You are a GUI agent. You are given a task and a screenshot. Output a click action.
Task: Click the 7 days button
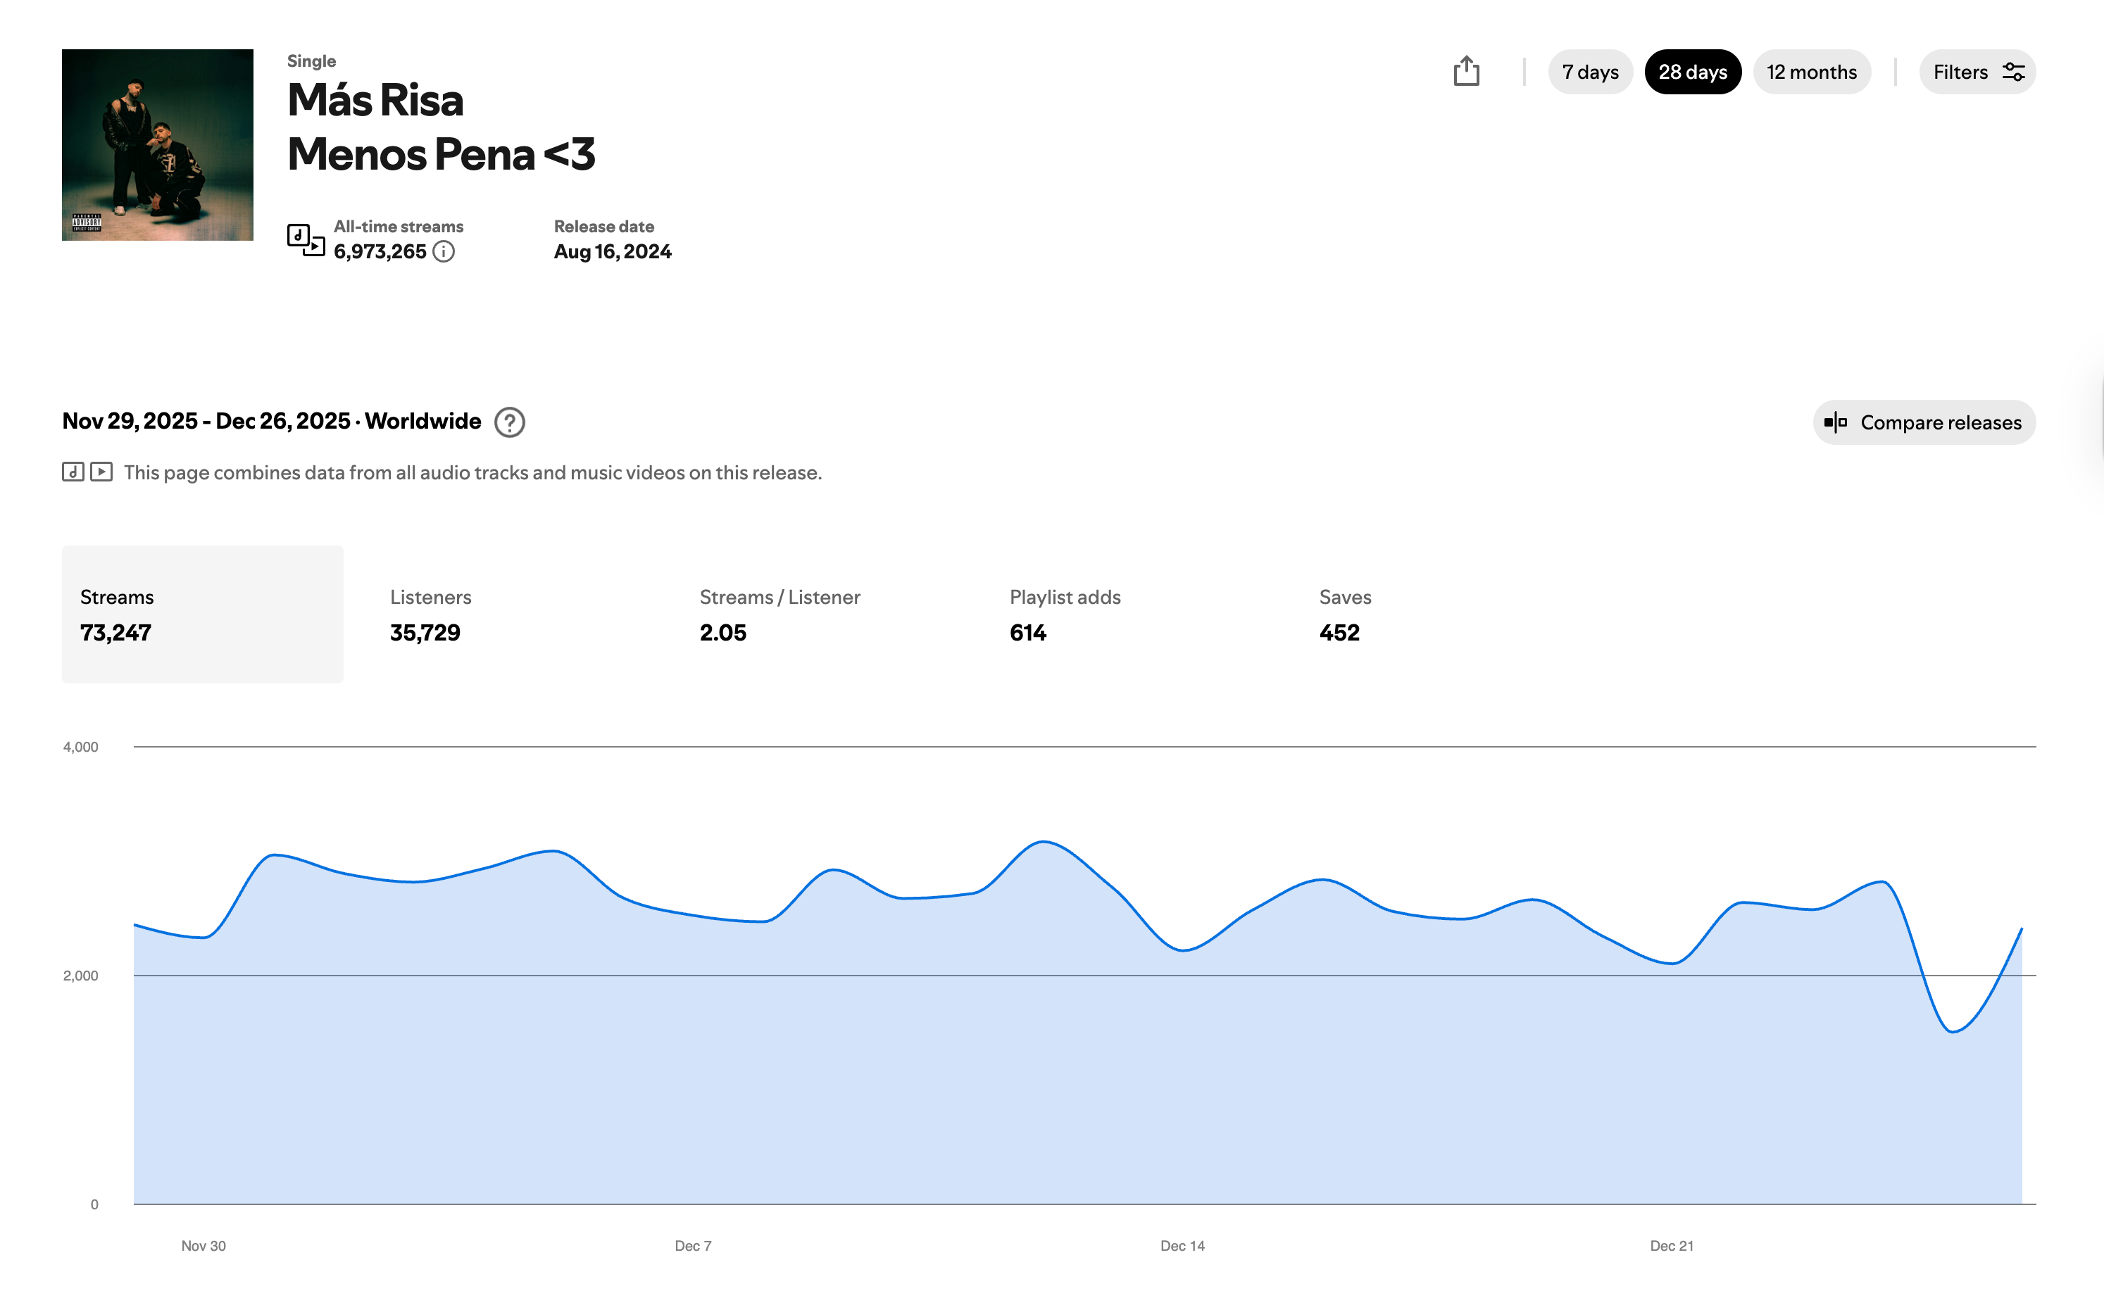coord(1589,72)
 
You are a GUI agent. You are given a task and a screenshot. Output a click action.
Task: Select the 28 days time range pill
coord(1692,72)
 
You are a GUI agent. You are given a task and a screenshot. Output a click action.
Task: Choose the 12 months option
coord(1811,72)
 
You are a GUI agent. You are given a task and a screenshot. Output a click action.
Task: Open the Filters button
coord(1977,72)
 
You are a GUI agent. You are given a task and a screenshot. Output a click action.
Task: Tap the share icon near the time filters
coord(1466,71)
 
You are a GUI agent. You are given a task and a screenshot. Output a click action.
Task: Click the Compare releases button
coord(1924,422)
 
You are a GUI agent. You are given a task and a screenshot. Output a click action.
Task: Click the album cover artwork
coord(157,145)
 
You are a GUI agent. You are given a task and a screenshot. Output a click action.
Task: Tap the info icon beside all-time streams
coord(444,251)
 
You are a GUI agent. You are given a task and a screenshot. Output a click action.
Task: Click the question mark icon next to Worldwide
coord(509,422)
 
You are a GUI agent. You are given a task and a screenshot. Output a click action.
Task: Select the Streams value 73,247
coord(115,633)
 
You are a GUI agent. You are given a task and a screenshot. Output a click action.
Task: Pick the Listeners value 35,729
coord(425,633)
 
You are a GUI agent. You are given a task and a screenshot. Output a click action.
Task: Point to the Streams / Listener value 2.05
coord(722,633)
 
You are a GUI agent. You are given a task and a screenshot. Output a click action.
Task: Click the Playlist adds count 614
coord(1027,633)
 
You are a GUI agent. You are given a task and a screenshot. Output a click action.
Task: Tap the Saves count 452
coord(1339,633)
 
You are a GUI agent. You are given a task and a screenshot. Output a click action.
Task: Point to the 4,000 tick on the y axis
coord(80,747)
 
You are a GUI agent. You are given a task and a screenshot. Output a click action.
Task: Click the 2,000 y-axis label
coord(80,976)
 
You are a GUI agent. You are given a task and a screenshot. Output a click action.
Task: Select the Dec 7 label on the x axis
coord(692,1245)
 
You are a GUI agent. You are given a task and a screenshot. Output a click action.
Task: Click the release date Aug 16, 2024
coord(612,251)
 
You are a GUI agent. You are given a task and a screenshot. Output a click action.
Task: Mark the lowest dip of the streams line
coord(1953,1031)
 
